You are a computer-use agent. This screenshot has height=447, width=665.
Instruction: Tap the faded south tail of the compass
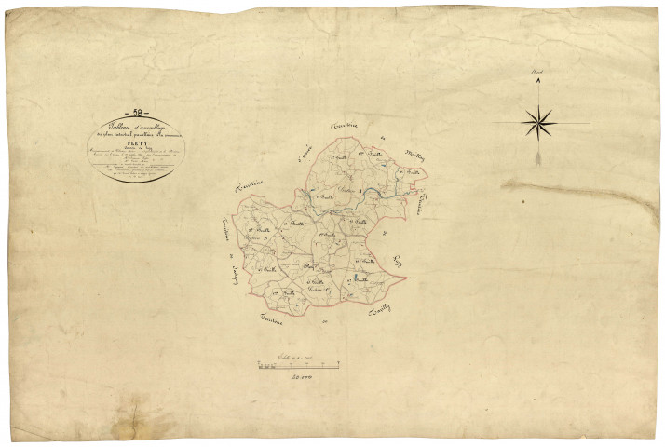tap(539, 158)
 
